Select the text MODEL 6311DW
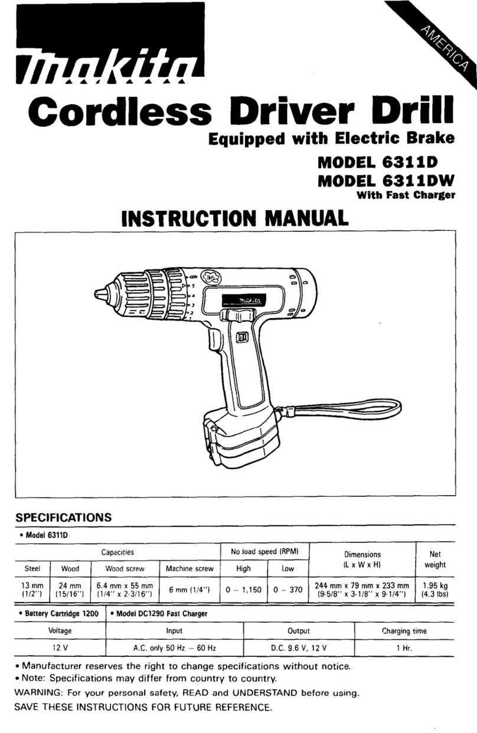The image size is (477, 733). tap(387, 181)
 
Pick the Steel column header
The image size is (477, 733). tap(32, 569)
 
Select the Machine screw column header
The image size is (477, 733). tap(190, 569)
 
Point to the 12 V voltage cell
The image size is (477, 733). tap(60, 648)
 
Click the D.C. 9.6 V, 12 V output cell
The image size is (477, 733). tap(299, 648)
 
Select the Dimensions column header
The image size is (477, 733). tap(363, 555)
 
